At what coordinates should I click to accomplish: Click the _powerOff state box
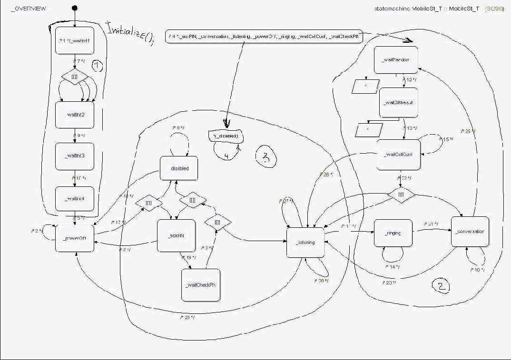[75, 235]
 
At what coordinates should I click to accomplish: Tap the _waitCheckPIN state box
[201, 285]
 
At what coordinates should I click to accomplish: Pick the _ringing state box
[393, 233]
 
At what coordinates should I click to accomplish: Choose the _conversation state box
[470, 231]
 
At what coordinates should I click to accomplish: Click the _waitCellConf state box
[398, 155]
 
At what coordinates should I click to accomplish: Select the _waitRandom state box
[395, 60]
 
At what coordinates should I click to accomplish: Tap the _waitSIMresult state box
[398, 102]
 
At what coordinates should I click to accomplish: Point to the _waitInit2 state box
[74, 115]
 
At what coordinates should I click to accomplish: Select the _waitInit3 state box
[74, 156]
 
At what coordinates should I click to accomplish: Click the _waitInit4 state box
[74, 199]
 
